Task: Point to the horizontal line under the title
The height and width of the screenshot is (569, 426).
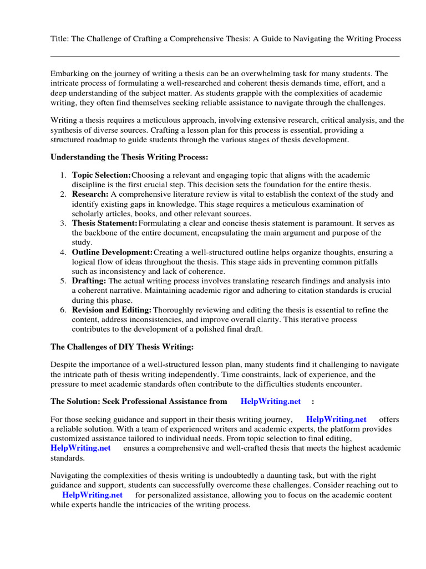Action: (225, 56)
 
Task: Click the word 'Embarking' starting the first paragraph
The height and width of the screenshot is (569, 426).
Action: (68, 73)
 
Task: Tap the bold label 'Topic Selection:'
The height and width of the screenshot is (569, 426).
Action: (102, 175)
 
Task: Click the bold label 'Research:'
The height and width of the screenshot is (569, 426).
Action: (90, 194)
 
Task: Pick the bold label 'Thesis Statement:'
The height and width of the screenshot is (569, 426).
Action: (105, 223)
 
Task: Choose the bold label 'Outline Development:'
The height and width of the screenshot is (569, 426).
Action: (112, 252)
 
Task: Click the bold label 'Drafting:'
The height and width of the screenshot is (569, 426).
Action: (89, 281)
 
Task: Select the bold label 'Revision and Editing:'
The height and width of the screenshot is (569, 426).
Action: (111, 310)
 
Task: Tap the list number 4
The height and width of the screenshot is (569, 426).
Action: (63, 252)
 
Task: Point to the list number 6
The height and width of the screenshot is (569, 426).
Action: (63, 310)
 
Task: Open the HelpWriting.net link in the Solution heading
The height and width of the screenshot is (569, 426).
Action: (271, 401)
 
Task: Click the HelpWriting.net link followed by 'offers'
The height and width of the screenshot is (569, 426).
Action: (336, 420)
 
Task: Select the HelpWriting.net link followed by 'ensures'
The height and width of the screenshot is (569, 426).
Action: (80, 448)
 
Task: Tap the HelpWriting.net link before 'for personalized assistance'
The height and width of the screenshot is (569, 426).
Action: (92, 495)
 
